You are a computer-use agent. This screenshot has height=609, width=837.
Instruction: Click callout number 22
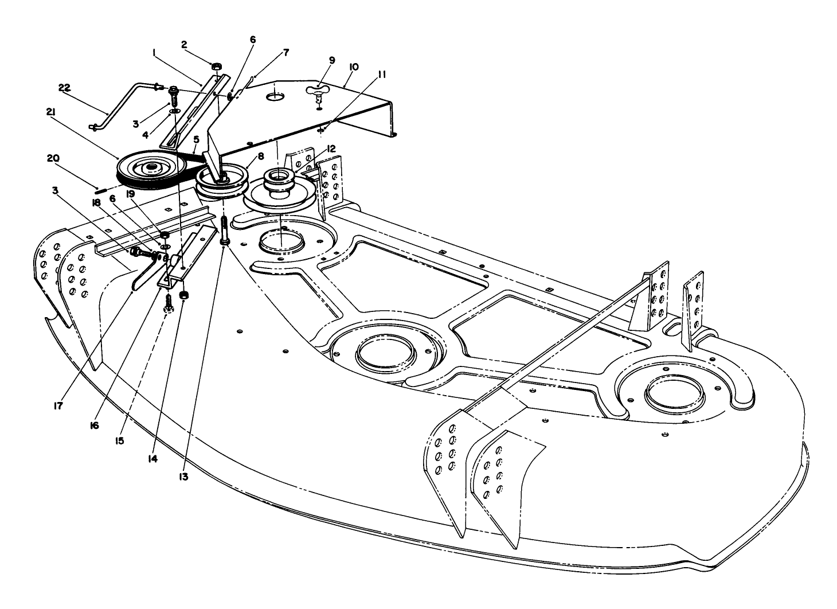tap(64, 87)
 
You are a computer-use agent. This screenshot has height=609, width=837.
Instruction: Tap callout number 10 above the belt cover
tap(353, 67)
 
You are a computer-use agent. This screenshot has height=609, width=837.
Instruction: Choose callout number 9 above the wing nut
tap(331, 60)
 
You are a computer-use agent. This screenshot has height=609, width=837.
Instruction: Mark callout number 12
tap(331, 148)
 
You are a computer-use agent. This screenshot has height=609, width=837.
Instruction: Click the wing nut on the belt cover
tap(317, 90)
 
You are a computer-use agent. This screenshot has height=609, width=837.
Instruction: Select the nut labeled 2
tap(217, 67)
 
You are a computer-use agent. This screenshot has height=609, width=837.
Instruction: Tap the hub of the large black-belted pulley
tap(151, 168)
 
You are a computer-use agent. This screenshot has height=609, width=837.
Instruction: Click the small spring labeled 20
tap(103, 190)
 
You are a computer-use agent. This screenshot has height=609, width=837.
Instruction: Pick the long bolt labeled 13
tap(224, 229)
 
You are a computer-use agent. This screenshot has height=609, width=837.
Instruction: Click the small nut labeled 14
tap(184, 296)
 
